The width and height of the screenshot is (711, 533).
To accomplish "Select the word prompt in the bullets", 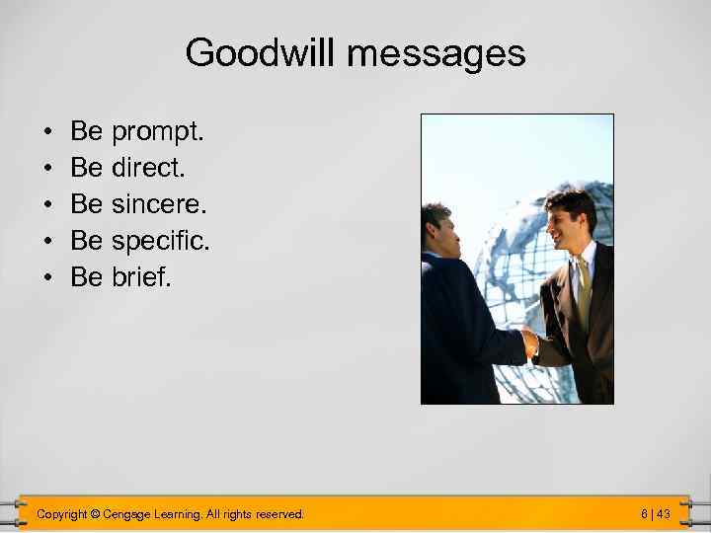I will [158, 131].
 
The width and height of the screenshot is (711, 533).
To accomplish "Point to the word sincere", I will [160, 204].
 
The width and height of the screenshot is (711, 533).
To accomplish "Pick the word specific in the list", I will [161, 241].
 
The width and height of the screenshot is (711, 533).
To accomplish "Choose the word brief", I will [141, 277].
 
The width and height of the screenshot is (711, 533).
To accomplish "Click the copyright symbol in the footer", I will [95, 513].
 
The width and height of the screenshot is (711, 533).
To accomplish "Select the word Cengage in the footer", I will [130, 513].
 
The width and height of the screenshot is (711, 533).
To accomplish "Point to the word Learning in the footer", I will [184, 513].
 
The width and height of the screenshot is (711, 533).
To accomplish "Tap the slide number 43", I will [663, 513].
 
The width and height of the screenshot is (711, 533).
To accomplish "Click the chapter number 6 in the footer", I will [644, 513].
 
